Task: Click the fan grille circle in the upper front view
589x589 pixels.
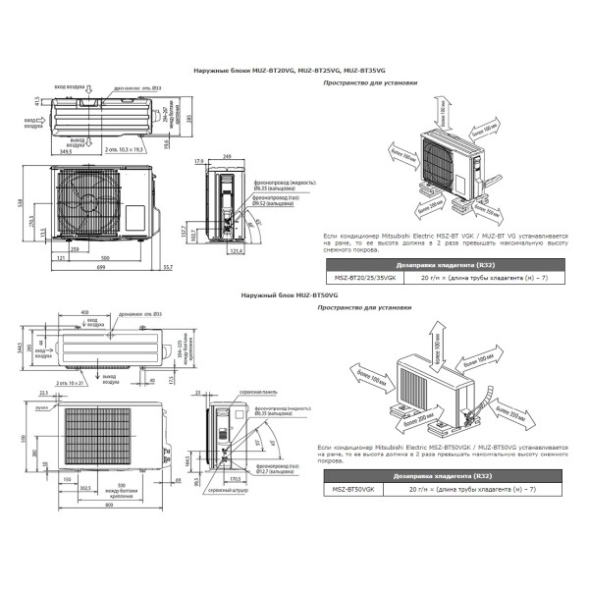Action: tap(91, 203)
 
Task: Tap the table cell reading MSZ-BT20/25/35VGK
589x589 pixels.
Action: tap(358, 278)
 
